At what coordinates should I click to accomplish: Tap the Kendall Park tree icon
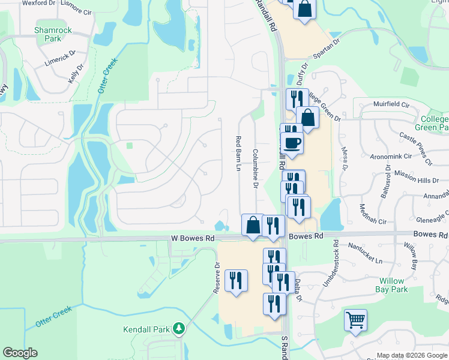[179, 329]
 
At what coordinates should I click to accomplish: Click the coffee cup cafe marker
[292, 143]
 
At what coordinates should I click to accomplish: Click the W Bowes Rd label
[192, 238]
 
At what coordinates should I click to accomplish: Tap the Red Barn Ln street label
[238, 153]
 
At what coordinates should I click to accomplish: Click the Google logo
[20, 353]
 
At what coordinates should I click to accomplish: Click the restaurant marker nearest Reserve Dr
[235, 281]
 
